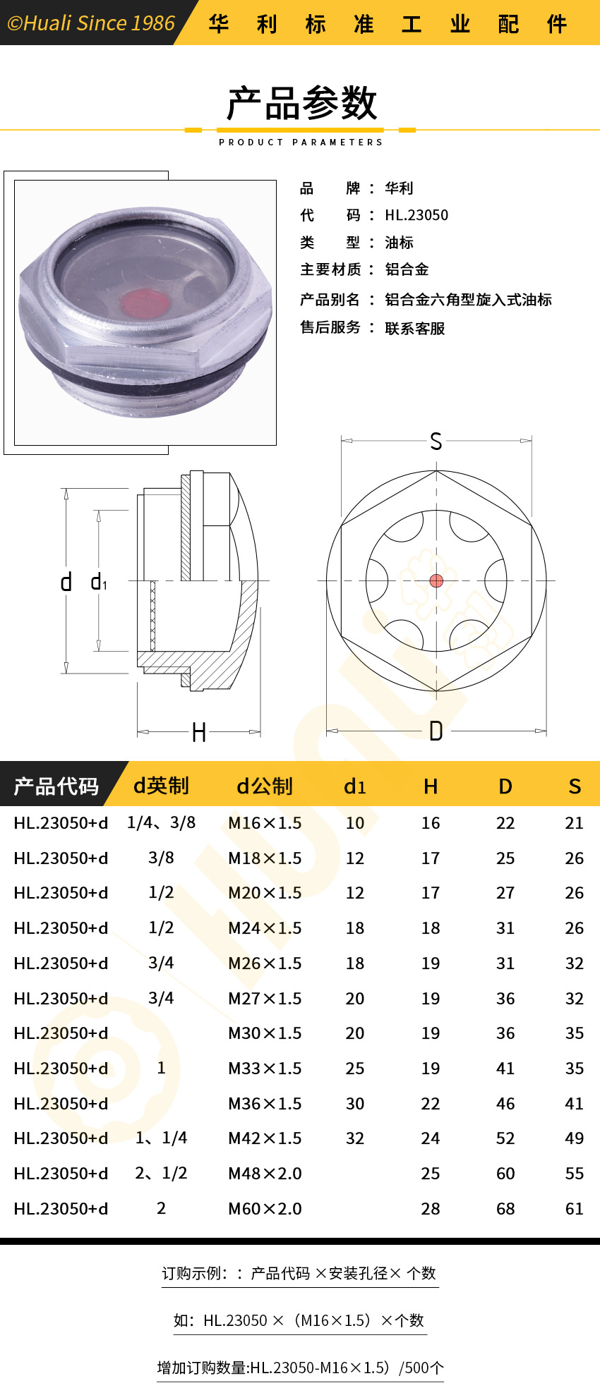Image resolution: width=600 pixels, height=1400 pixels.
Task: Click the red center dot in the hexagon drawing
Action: [x=436, y=580]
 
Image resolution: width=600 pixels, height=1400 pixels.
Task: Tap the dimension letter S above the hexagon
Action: [x=436, y=442]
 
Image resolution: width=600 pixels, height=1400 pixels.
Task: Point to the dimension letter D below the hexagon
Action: [x=436, y=731]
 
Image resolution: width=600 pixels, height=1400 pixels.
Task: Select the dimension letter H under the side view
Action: [x=199, y=733]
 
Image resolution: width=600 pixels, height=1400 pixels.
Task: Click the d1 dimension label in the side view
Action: [x=99, y=583]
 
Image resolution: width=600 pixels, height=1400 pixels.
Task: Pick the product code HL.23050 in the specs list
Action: [x=416, y=215]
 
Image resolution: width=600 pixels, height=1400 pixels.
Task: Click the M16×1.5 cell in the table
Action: [x=265, y=823]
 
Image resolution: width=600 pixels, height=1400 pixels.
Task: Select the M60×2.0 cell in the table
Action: [x=265, y=1209]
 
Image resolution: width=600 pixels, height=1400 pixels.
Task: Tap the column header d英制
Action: [x=161, y=786]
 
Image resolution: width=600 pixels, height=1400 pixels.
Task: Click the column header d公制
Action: [x=264, y=786]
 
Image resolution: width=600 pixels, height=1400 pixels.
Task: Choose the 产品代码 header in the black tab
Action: [x=56, y=786]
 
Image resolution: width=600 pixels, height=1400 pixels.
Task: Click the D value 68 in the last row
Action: [x=505, y=1209]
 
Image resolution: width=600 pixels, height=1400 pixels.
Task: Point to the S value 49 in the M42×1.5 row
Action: [x=574, y=1138]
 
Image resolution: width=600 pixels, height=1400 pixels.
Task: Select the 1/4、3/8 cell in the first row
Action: [x=161, y=822]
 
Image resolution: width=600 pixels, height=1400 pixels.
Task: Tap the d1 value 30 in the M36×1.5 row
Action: [x=355, y=1104]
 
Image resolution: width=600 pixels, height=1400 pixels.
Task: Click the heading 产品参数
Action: [x=301, y=104]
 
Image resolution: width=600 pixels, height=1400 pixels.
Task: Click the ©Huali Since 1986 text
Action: [x=90, y=23]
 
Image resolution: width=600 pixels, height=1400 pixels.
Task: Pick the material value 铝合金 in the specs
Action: [x=407, y=269]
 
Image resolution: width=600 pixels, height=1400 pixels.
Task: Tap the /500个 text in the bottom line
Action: [x=421, y=1368]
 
